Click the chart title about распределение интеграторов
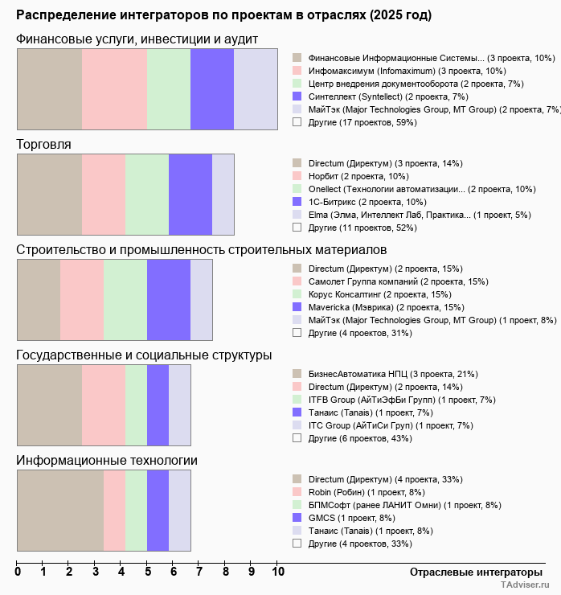click(x=223, y=15)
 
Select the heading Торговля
click(x=43, y=145)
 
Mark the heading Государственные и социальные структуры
click(x=144, y=355)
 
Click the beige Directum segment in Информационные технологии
click(x=60, y=511)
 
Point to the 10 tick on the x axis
click(x=278, y=572)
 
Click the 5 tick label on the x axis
click(x=148, y=572)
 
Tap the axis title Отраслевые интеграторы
click(x=470, y=572)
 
